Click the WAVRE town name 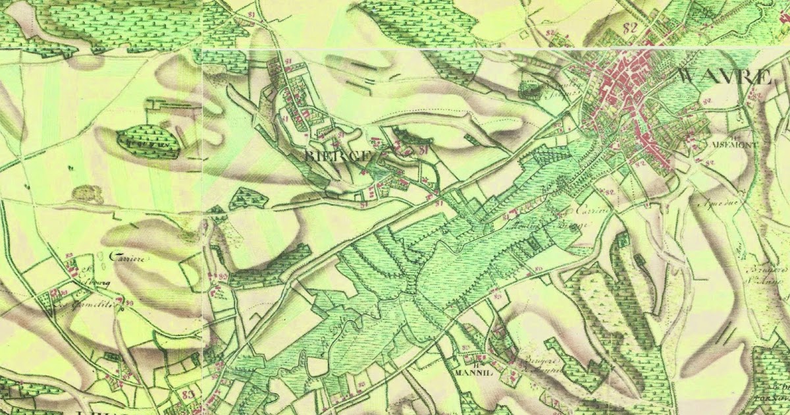click(x=723, y=76)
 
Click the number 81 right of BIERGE click(x=423, y=151)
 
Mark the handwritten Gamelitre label click(x=92, y=305)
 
